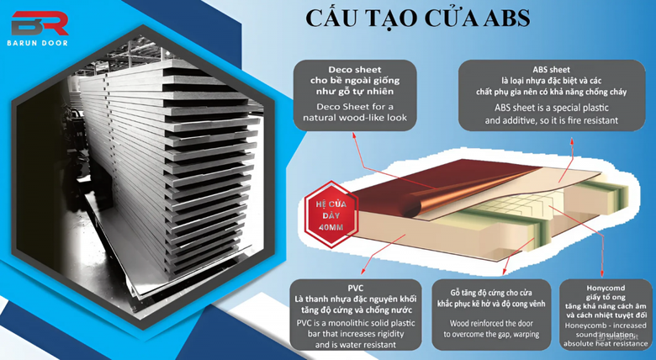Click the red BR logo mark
coord(40,23)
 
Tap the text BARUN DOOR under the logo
coord(38,43)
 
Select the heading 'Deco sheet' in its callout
coord(355,70)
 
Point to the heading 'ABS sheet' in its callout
coord(552,70)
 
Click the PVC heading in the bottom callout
coord(356,288)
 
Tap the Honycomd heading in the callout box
coord(606,288)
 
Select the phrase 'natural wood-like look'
coord(355,118)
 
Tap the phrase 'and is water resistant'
coord(355,345)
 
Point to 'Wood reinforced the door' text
coord(491,323)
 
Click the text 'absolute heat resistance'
coord(605,344)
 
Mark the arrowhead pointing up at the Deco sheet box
coord(354,135)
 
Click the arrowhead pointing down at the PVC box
coord(363,271)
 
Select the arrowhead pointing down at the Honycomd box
coord(602,274)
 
